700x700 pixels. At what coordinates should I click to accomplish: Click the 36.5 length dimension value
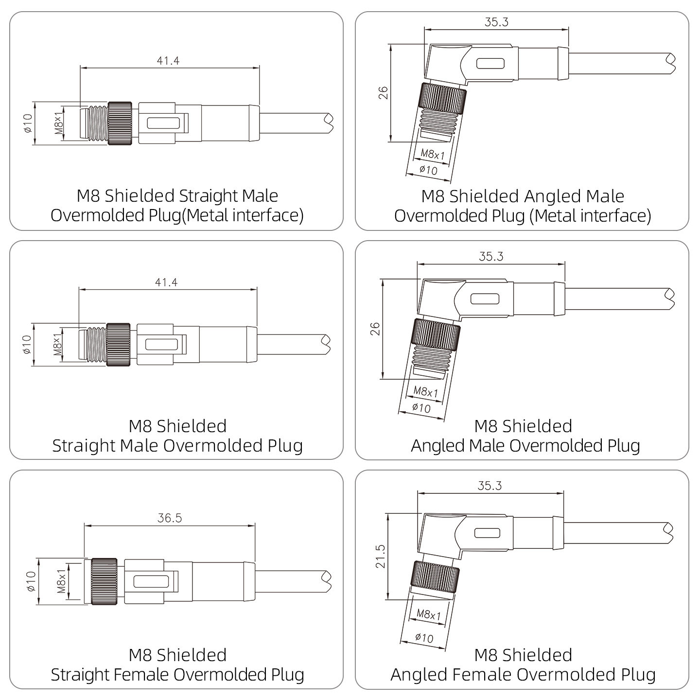pyautogui.click(x=170, y=518)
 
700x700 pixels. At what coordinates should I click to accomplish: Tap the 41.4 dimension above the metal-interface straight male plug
pyautogui.click(x=168, y=60)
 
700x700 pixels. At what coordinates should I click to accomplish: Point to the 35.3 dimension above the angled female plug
pyautogui.click(x=490, y=485)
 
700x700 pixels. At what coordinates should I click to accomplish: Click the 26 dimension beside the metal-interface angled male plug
pyautogui.click(x=383, y=93)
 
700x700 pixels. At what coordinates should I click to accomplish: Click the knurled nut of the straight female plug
pyautogui.click(x=104, y=581)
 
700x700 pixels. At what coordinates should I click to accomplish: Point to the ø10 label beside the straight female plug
pyautogui.click(x=31, y=581)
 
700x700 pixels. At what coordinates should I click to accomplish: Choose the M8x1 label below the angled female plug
pyautogui.click(x=429, y=614)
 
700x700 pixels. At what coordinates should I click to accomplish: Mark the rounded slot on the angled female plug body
pyautogui.click(x=487, y=533)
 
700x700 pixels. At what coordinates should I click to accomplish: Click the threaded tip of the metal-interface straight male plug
pyautogui.click(x=94, y=123)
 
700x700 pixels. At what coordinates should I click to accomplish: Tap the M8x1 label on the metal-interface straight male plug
pyautogui.click(x=59, y=123)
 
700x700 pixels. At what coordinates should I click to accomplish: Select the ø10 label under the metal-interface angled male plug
pyautogui.click(x=428, y=170)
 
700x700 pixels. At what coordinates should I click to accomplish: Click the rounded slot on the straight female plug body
pyautogui.click(x=151, y=581)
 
